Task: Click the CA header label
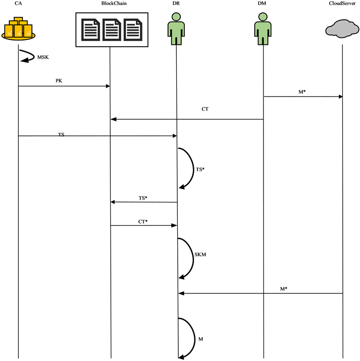coord(18,4)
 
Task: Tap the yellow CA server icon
coord(18,30)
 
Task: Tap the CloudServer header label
coord(342,4)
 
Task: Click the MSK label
coord(43,57)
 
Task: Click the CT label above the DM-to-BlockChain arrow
coord(204,109)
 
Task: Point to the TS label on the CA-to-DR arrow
coord(61,134)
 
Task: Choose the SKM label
coord(200,255)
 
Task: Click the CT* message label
coord(143,222)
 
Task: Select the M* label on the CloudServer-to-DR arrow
coord(284,289)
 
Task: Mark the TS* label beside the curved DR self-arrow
coord(200,169)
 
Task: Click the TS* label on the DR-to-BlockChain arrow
coord(143,198)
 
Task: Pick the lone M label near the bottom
coord(200,339)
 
